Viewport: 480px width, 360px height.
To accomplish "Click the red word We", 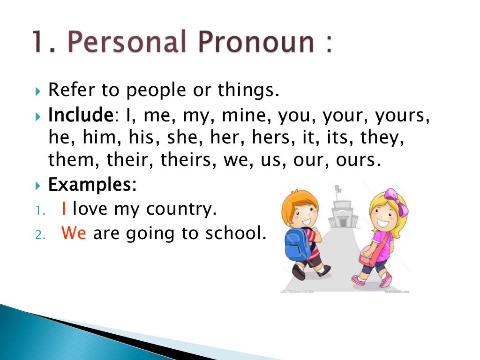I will tap(74, 233).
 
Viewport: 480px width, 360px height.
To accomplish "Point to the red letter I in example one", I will tap(64, 209).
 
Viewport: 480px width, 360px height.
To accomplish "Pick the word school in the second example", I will tap(235, 233).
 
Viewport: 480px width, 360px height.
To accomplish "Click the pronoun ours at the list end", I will tap(356, 160).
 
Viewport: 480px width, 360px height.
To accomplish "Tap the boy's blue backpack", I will tap(298, 242).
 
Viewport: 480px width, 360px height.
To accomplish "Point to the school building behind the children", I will tap(342, 211).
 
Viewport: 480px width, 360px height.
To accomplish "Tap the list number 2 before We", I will tap(39, 234).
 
